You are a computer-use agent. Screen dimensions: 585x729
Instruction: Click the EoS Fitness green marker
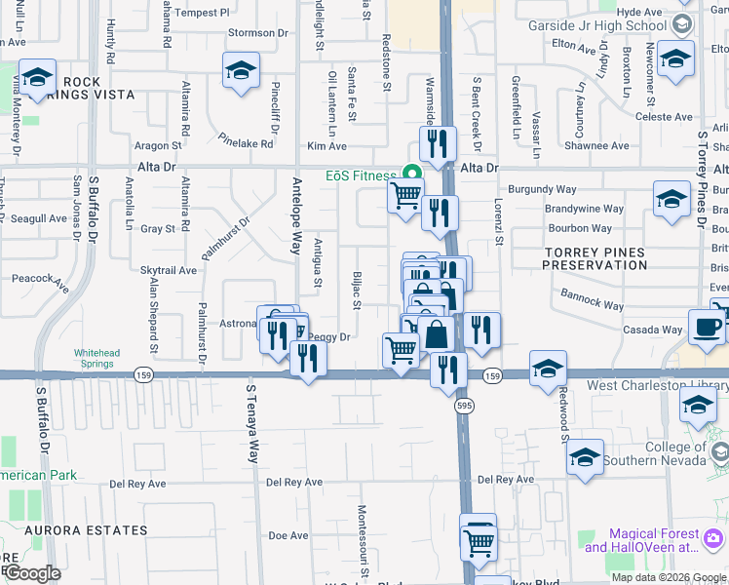click(412, 175)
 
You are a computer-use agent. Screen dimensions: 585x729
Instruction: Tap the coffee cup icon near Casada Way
click(706, 327)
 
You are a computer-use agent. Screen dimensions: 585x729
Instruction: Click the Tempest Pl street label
click(203, 13)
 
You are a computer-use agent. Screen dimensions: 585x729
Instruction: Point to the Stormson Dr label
click(258, 32)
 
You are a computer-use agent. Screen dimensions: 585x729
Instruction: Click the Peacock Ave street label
click(41, 284)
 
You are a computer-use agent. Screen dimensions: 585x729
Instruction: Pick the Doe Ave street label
click(288, 535)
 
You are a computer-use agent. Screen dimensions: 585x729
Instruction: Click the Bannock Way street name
click(592, 299)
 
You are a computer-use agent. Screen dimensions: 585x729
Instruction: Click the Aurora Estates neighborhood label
click(63, 530)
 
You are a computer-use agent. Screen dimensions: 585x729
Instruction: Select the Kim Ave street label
click(326, 146)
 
